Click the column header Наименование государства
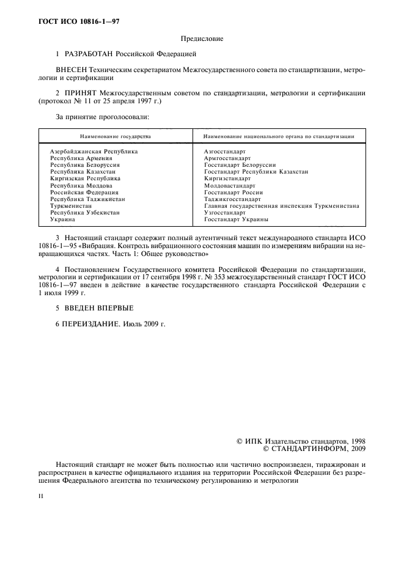[x=115, y=137]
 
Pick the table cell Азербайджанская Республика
[x=94, y=151]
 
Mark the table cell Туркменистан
[x=72, y=206]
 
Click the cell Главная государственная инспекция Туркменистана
[x=281, y=206]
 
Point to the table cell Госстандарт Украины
[x=236, y=219]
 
